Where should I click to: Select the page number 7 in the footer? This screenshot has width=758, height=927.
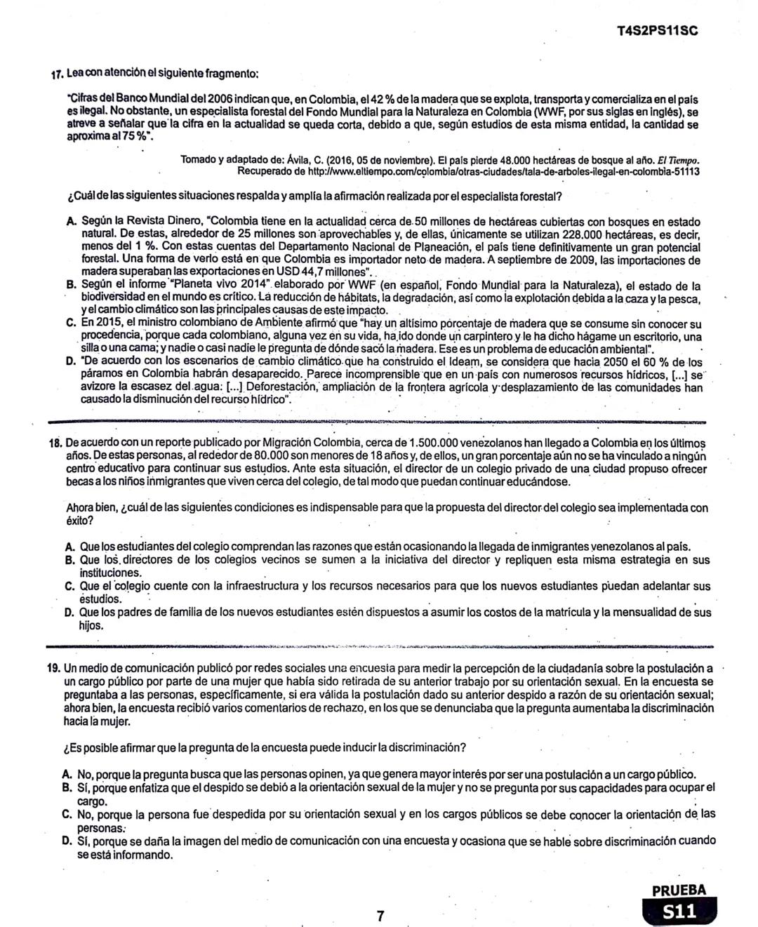(x=380, y=915)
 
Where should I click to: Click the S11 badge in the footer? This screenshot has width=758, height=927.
(x=679, y=912)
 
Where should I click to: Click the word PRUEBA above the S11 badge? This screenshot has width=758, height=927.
(x=679, y=891)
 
